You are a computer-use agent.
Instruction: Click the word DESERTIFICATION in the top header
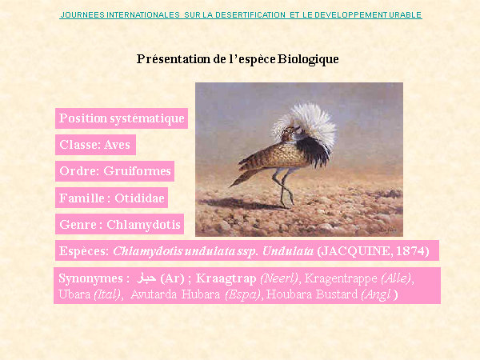[250, 14]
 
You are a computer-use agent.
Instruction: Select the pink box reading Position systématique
[122, 118]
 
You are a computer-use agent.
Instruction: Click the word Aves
[118, 145]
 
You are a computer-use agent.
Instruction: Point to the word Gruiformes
[137, 171]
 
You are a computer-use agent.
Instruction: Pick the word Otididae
[139, 198]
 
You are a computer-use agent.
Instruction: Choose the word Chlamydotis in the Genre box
[143, 224]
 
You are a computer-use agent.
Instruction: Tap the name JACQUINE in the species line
[355, 250]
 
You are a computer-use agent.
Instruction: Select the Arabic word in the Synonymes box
[146, 278]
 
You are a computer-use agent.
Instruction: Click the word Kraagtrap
[226, 278]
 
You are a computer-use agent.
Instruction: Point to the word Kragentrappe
[341, 278]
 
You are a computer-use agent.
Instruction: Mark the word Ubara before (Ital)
[74, 294]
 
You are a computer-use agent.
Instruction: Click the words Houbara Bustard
[312, 294]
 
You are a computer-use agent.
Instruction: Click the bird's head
[290, 132]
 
